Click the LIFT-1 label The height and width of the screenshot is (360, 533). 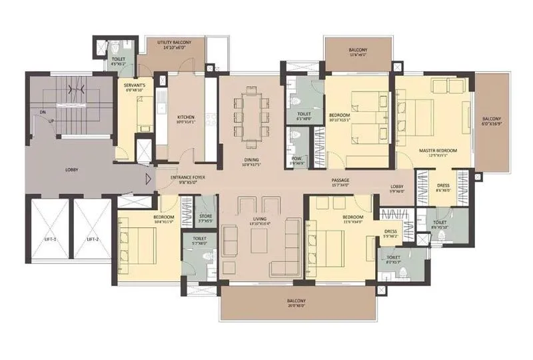pos(48,239)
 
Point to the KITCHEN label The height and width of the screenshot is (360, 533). pos(167,117)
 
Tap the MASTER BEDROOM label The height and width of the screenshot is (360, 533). pos(438,151)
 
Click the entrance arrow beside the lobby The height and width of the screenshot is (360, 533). pos(147,178)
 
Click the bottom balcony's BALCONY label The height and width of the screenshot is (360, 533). pos(296,301)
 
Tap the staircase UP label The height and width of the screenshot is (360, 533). pos(50,121)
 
